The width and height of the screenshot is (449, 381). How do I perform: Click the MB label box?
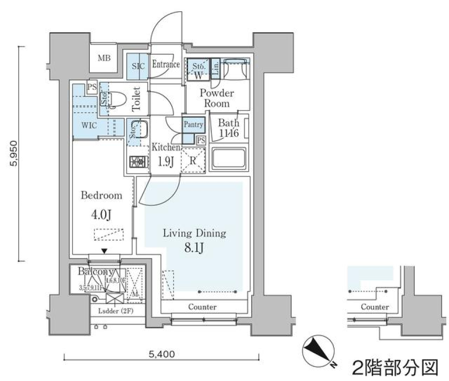pos(104,58)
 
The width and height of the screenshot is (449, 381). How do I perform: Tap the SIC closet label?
pos(138,65)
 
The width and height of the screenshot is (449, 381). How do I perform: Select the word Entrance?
pos(166,65)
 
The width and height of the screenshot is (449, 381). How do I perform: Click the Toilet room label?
pos(137,99)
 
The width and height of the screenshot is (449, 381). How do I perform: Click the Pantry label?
pos(193,124)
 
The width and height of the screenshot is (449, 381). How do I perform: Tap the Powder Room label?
pos(215,98)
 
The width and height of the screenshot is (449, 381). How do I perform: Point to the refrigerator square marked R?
pos(193,160)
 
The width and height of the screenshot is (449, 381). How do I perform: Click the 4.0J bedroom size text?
pos(101,215)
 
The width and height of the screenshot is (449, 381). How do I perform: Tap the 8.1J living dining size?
pos(194,248)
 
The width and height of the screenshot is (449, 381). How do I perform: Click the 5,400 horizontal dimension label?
pos(161,354)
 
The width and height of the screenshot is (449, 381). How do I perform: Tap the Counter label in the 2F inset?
pos(375,307)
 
